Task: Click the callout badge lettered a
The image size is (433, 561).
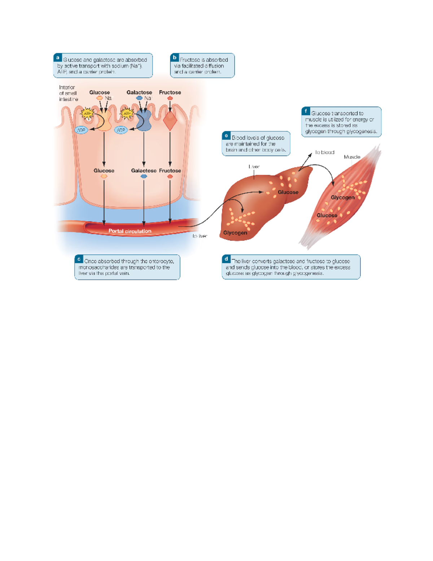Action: (x=58, y=57)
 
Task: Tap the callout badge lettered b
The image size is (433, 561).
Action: (x=175, y=57)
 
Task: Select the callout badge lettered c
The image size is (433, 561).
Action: (x=79, y=259)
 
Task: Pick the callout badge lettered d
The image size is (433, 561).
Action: (x=226, y=259)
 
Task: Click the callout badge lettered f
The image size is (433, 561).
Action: (x=306, y=111)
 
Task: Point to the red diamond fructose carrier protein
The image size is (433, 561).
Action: (x=170, y=121)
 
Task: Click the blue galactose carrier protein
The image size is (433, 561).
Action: (x=144, y=121)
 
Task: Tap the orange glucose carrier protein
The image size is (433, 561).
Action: (x=104, y=121)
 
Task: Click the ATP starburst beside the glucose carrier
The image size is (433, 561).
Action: (x=87, y=114)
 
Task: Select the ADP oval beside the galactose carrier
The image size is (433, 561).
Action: (x=121, y=130)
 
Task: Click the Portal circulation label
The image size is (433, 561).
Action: (x=130, y=231)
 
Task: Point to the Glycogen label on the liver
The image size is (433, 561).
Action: (x=235, y=233)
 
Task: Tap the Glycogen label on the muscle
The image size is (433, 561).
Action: (x=342, y=197)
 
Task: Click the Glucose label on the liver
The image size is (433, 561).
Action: (x=288, y=192)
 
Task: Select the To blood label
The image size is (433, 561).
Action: (x=325, y=152)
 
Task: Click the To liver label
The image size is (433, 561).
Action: (x=200, y=236)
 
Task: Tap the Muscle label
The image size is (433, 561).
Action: (x=352, y=157)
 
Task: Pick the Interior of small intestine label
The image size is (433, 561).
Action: (x=68, y=93)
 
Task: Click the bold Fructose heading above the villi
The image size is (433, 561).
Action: (x=170, y=92)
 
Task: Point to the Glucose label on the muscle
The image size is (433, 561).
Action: (x=327, y=215)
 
